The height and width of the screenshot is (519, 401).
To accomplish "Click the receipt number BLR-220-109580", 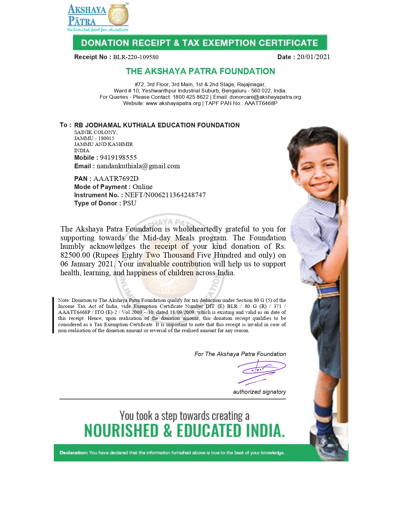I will coord(136,57).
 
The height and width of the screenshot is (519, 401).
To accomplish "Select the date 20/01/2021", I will coord(313,57).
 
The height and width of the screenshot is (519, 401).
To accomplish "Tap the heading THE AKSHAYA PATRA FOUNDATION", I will coord(200,71).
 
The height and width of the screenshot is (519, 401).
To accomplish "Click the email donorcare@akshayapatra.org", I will coord(265,97).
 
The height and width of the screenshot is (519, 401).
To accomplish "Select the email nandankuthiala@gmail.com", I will coord(138,166).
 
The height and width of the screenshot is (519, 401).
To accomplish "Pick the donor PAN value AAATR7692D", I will coord(116,179).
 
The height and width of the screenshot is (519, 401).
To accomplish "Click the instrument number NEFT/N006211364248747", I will coord(165,195).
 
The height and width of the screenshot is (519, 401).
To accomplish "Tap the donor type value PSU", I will coord(130,203).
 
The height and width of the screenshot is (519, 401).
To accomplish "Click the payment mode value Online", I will coord(142,187).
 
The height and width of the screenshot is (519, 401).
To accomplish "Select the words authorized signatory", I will coord(259,392).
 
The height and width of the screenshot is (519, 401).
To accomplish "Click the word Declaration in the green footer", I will coord(74,453).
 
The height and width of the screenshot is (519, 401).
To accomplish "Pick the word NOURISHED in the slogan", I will coord(121,431).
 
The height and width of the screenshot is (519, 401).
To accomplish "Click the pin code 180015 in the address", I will coord(106,138).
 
